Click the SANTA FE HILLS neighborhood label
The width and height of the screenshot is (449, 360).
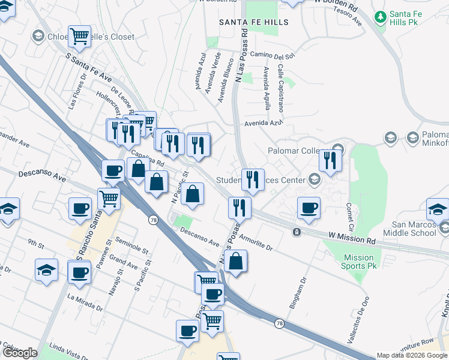click(254, 22)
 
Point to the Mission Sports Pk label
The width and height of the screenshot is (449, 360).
click(359, 262)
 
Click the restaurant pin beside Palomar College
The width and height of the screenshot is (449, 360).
click(330, 160)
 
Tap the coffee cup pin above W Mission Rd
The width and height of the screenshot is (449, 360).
click(309, 208)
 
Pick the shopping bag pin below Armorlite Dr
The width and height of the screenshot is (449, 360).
click(237, 261)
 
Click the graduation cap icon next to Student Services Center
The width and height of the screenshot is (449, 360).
click(314, 179)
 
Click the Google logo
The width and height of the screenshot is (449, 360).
click(20, 353)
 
